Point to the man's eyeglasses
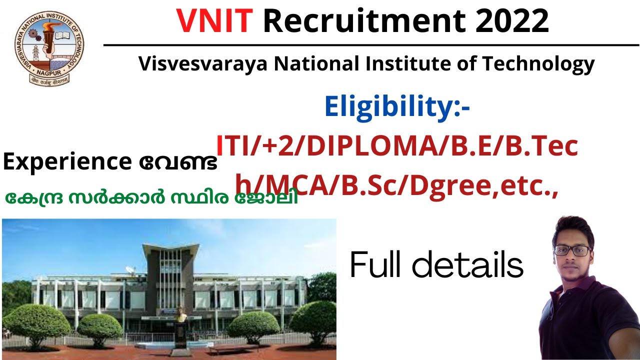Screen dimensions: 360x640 (571, 250)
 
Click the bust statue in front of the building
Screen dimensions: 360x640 (181, 315)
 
